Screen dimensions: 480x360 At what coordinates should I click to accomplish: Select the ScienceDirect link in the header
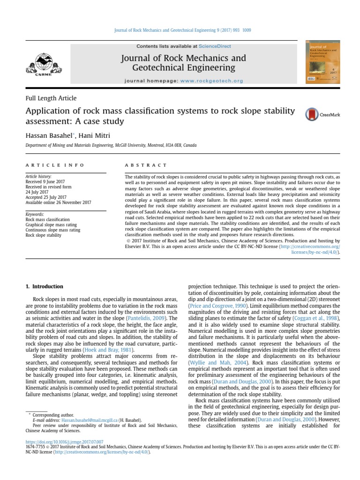coord(215,46)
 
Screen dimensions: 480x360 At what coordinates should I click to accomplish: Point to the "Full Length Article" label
coord(51,98)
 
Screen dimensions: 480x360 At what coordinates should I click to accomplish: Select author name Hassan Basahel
coord(47,135)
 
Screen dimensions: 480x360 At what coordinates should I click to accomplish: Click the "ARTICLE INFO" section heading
coord(55,165)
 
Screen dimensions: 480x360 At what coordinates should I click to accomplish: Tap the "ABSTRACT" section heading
coord(145,165)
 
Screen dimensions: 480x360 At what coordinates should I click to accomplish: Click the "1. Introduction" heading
coord(44,286)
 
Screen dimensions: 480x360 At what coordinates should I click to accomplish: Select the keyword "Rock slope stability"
coord(43,235)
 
